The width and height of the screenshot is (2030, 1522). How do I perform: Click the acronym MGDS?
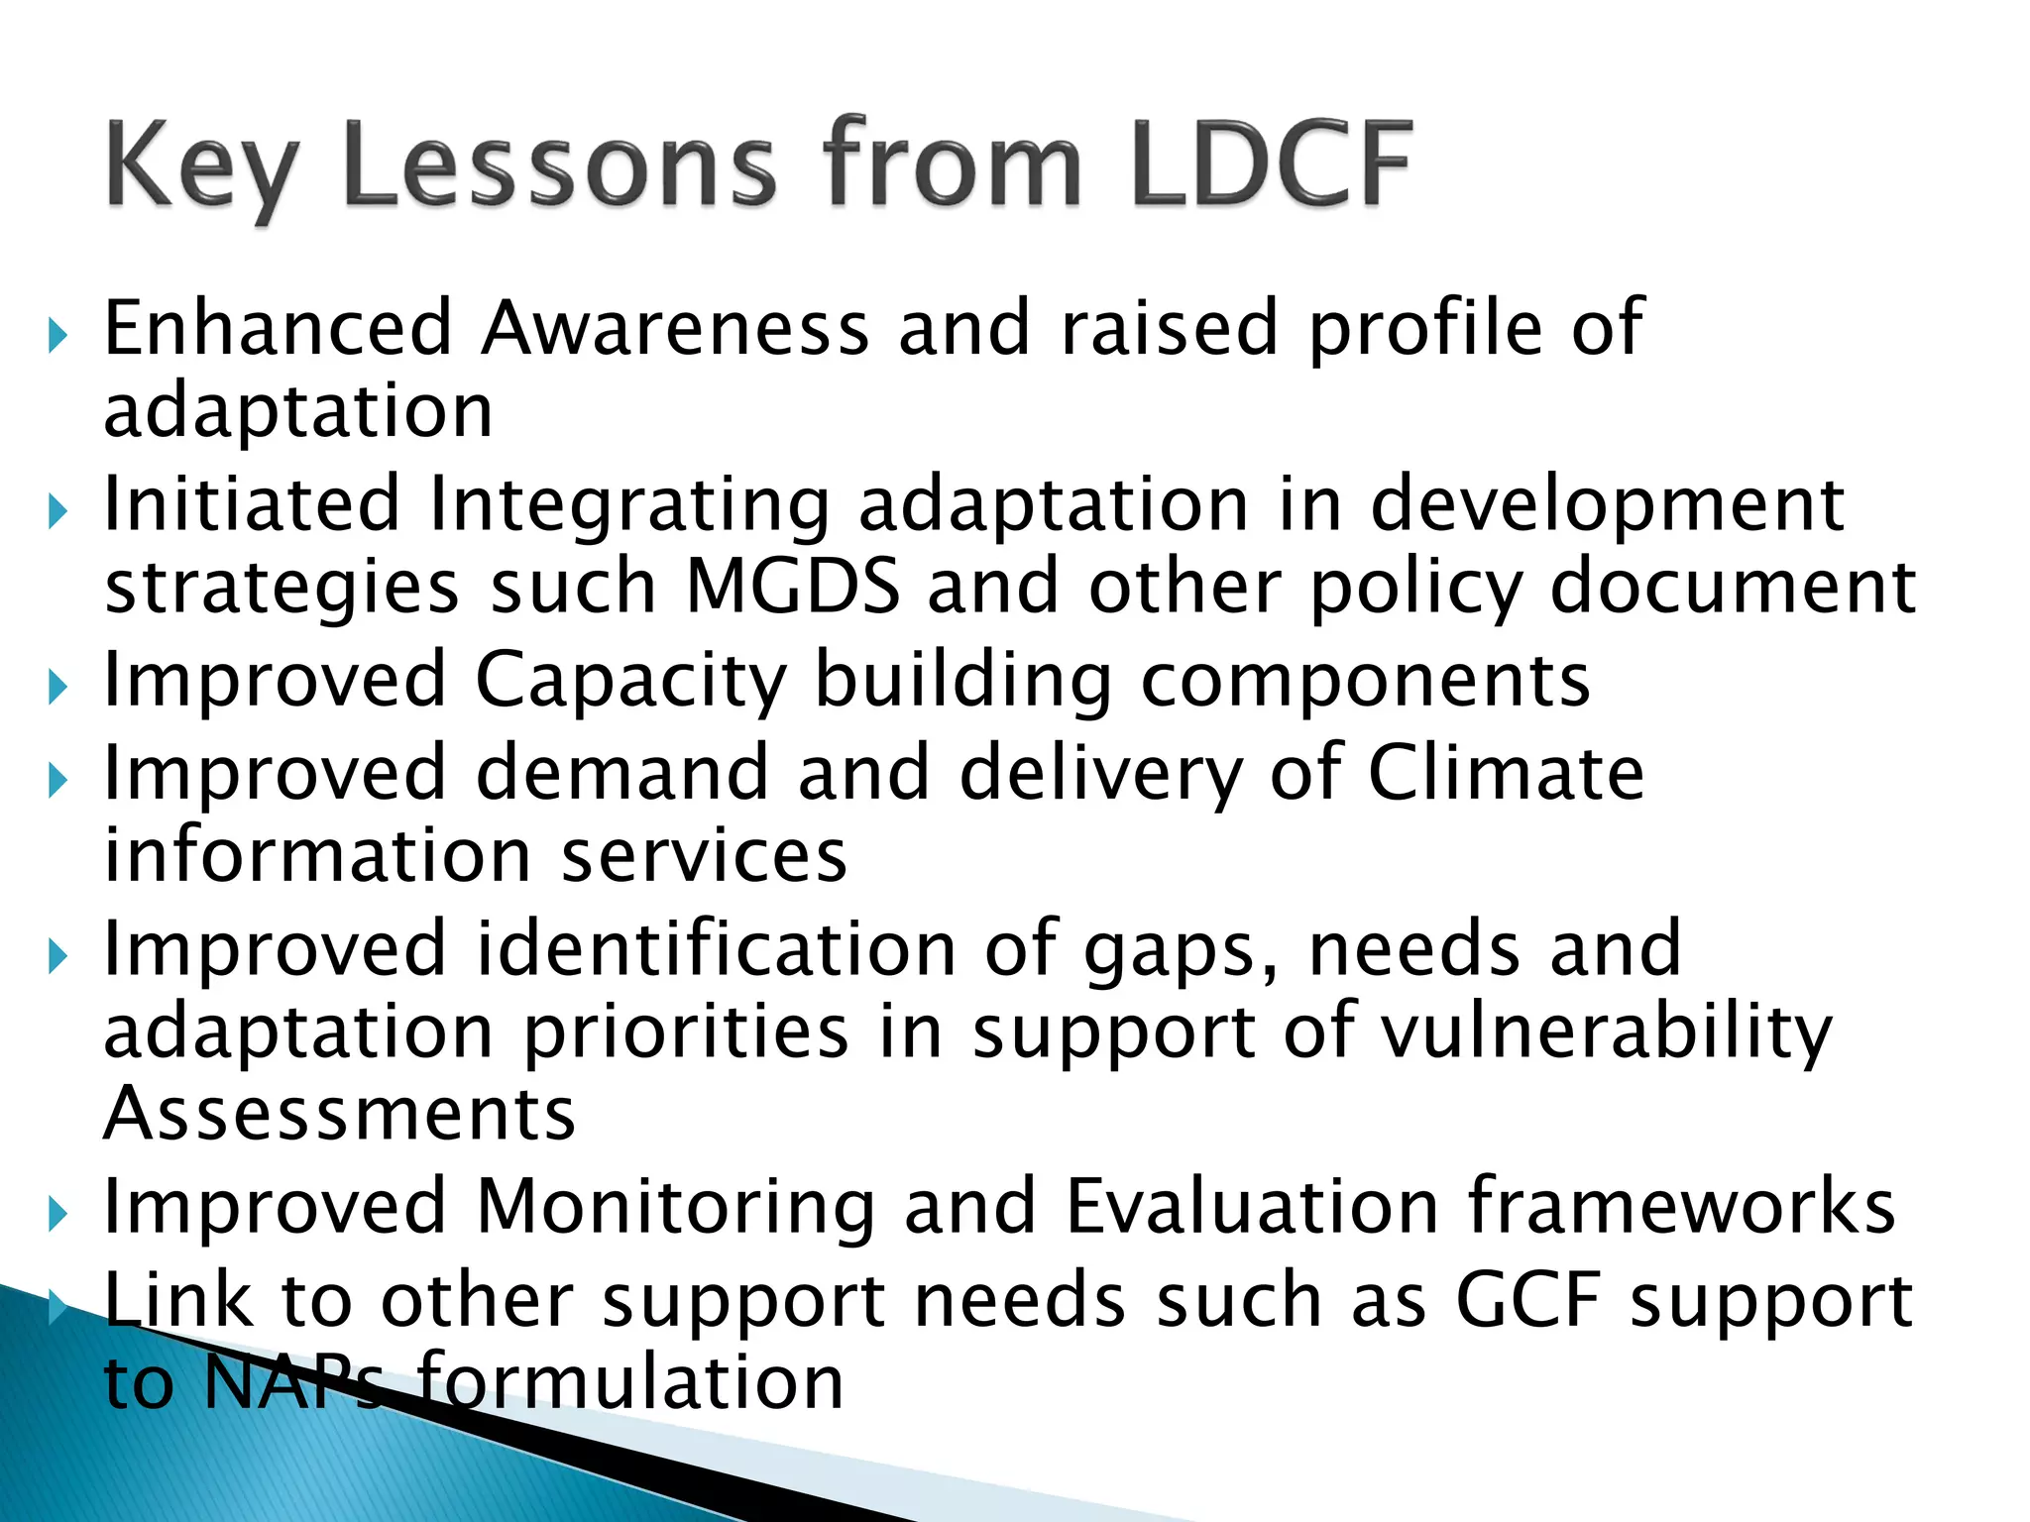pos(793,586)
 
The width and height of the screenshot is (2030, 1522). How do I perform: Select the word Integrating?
pos(628,505)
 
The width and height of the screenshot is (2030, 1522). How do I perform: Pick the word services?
pos(704,856)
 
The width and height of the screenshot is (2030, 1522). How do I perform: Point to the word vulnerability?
pos(1606,1033)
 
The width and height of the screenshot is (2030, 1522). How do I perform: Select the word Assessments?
pos(340,1114)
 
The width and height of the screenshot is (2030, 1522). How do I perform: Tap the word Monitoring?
pos(675,1208)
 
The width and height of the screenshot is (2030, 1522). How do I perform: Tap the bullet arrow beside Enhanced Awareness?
pos(57,337)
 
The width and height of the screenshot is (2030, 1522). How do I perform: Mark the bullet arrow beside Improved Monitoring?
pos(57,1214)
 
